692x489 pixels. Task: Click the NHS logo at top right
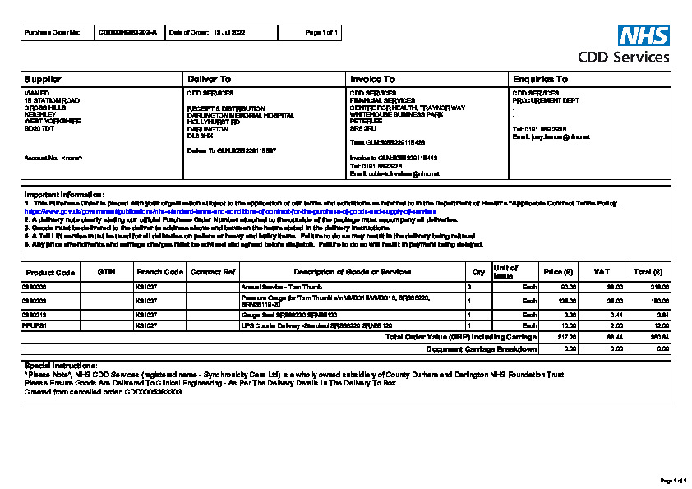click(644, 35)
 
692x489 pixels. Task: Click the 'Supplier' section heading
click(43, 79)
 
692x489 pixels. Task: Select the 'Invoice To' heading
click(372, 79)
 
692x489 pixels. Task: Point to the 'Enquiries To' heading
click(540, 79)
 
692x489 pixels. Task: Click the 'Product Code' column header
click(51, 272)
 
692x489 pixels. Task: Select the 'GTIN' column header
click(106, 271)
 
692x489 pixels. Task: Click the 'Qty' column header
click(478, 271)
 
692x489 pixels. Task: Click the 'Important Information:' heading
click(64, 194)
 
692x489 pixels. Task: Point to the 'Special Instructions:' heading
click(62, 365)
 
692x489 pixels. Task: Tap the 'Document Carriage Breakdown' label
click(482, 348)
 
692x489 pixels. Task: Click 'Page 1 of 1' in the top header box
click(322, 32)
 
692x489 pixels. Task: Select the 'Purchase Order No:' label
click(53, 32)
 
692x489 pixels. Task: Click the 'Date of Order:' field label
click(188, 32)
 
